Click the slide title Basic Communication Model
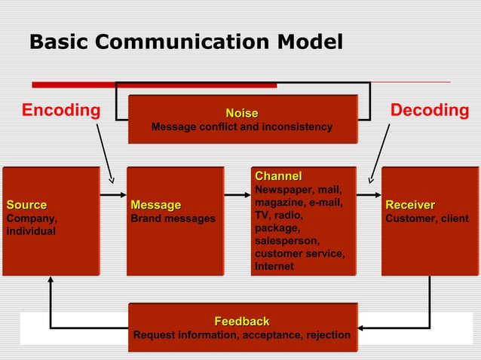click(185, 42)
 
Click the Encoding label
click(61, 111)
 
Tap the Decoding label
click(430, 111)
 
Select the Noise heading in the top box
click(242, 113)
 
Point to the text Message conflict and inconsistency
click(242, 127)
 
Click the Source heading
click(26, 205)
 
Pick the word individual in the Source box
click(31, 231)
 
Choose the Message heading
click(156, 205)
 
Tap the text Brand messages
click(173, 218)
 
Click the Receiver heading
click(410, 205)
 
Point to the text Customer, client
click(426, 218)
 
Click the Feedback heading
click(242, 322)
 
